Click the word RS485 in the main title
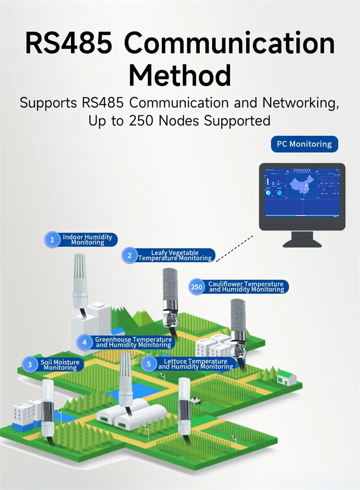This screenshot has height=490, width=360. (69, 43)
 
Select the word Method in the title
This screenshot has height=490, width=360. (180, 76)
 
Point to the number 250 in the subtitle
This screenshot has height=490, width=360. (142, 121)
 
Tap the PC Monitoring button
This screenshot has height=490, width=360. (304, 144)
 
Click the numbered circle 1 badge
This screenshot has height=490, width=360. (52, 239)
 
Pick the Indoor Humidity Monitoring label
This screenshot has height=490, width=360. (87, 240)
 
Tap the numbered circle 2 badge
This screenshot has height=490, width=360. (129, 255)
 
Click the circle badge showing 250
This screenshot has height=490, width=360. (197, 287)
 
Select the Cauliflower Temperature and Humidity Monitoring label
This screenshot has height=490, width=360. (246, 287)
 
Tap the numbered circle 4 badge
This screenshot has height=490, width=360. (84, 342)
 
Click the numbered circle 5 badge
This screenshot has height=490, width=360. (149, 364)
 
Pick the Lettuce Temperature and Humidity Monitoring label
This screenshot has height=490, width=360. (195, 364)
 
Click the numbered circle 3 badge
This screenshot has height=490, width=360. (30, 365)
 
